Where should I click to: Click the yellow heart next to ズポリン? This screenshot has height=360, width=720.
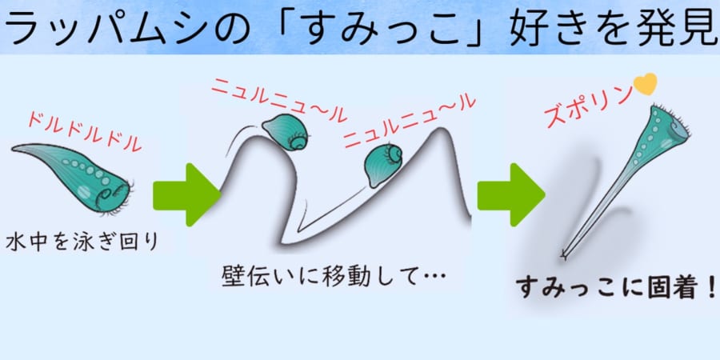pos(645,82)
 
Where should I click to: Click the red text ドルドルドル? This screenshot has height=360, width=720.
pos(85,131)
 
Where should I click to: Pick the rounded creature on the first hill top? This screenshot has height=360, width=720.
pos(286,132)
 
